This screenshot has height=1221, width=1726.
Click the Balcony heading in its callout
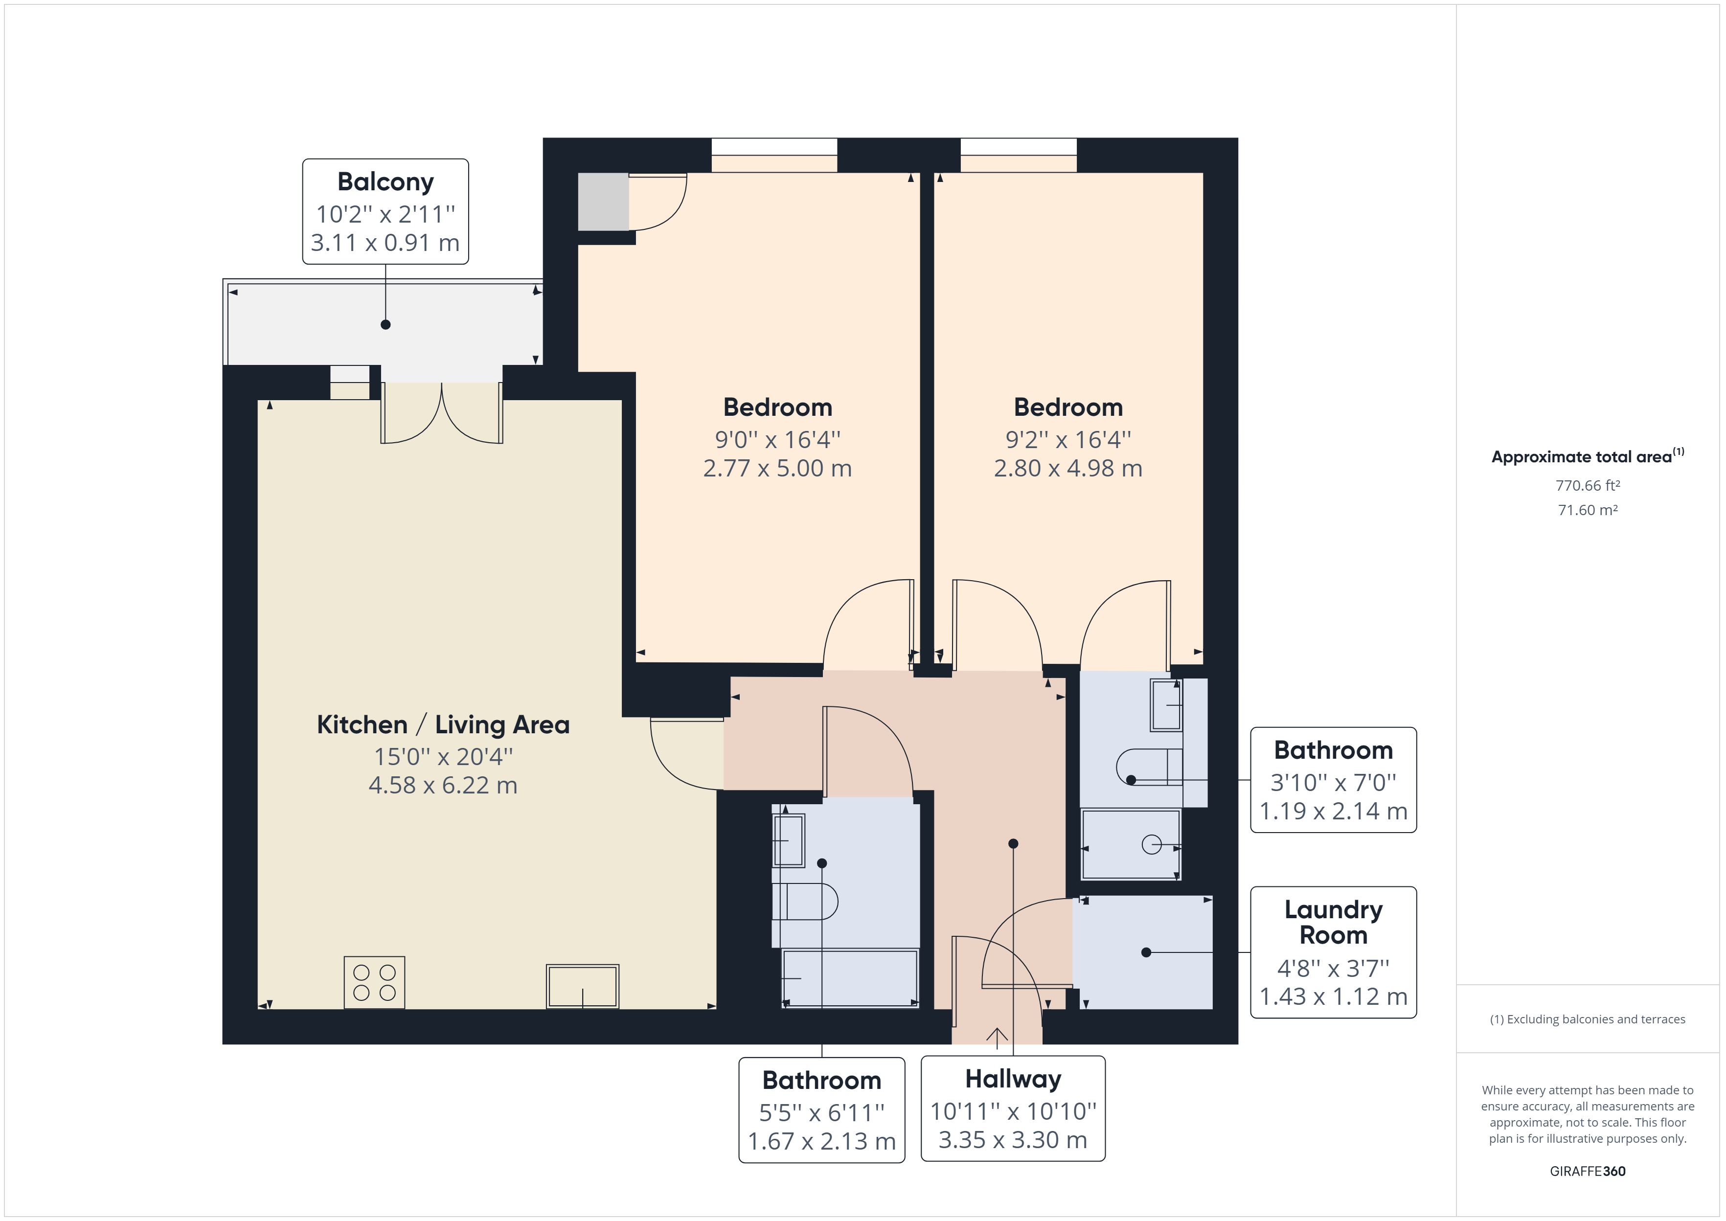(x=385, y=182)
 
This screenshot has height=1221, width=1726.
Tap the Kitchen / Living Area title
(x=443, y=725)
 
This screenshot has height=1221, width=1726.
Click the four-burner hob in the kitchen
(x=374, y=982)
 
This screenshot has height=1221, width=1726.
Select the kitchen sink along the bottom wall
(x=583, y=986)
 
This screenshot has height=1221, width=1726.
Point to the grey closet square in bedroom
(x=603, y=202)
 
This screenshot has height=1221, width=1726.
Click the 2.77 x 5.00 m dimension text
(x=777, y=469)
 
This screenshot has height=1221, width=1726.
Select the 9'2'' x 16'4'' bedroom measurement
(x=1067, y=439)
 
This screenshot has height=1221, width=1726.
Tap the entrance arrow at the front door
(x=997, y=1038)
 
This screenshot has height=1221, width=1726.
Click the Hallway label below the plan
(x=1013, y=1079)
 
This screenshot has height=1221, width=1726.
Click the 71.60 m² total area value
(x=1587, y=510)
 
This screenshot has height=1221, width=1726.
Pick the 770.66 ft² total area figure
(x=1587, y=486)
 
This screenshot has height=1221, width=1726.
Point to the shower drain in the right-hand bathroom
(x=1151, y=845)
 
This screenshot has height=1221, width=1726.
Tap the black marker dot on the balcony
(x=386, y=325)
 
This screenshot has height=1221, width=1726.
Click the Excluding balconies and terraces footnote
(x=1587, y=1019)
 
